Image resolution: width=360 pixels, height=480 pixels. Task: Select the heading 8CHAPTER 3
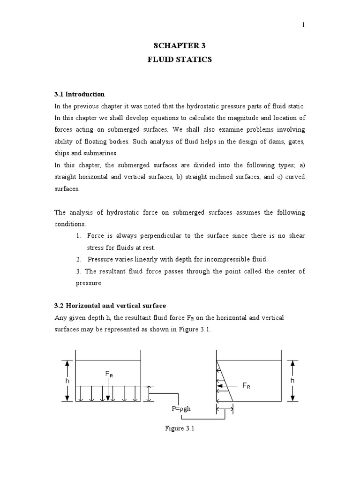(180, 45)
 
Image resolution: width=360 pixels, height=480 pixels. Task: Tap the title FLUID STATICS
(180, 60)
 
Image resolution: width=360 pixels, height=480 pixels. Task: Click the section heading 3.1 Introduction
(80, 94)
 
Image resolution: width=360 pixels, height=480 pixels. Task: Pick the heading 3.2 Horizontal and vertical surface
(110, 306)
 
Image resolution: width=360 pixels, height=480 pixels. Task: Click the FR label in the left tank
(108, 374)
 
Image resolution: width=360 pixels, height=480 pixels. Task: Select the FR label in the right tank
(246, 385)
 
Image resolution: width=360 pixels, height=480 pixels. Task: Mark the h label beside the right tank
(292, 381)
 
